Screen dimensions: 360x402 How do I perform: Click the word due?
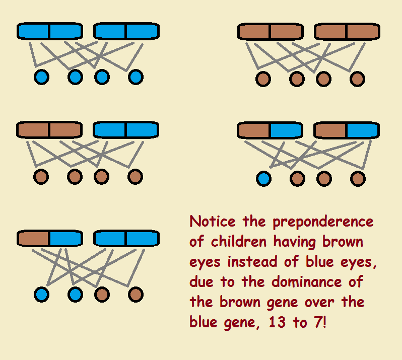[201, 282]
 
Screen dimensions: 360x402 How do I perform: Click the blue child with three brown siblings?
[263, 178]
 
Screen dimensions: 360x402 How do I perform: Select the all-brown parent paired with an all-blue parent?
[49, 130]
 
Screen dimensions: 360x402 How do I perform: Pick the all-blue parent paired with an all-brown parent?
[126, 130]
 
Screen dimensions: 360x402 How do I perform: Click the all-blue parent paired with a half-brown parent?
[126, 238]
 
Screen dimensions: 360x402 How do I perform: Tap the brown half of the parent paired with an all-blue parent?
[34, 238]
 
